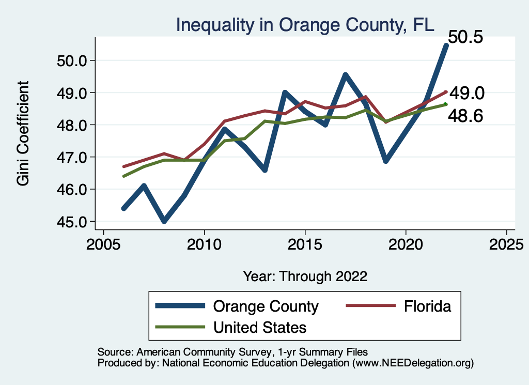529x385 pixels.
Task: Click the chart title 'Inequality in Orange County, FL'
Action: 305,24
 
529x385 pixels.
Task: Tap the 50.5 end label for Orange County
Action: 465,37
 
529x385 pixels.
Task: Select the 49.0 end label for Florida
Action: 466,93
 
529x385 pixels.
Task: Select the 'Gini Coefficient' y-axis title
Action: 23,133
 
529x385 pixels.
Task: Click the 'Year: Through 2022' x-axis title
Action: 305,276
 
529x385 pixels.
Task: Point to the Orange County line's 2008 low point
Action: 164,221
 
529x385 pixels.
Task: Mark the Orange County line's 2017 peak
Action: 345,75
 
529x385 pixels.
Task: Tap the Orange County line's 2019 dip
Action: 385,161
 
